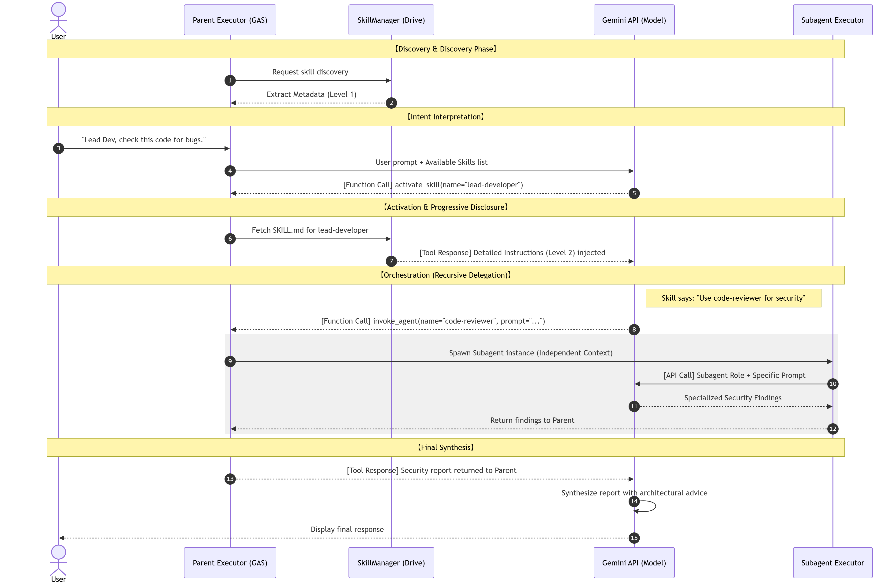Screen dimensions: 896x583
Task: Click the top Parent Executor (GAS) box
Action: coord(230,20)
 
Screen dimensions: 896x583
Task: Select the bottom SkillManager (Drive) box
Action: coord(391,563)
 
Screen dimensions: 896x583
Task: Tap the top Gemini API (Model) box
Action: coord(634,20)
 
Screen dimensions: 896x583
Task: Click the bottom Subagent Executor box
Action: coord(833,563)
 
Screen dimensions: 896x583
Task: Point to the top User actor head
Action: coord(58,9)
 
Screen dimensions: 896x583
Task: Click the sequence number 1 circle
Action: coord(230,81)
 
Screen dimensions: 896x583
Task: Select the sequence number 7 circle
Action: coord(391,261)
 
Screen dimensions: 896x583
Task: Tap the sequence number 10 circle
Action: coord(833,384)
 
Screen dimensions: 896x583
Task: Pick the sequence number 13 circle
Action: coord(230,479)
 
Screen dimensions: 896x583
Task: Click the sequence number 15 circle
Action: coord(634,538)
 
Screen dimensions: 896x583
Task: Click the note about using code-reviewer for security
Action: coord(733,298)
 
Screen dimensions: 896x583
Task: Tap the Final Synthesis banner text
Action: coord(446,447)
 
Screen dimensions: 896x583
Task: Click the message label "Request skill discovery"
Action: coord(310,72)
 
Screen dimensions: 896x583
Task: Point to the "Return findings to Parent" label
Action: coord(532,420)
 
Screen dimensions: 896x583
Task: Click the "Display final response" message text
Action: coord(347,529)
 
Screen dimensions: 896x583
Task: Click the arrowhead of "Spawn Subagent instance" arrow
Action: coord(830,362)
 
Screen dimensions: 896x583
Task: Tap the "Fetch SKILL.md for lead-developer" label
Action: coord(310,230)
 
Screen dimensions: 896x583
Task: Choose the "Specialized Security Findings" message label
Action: coord(733,398)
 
